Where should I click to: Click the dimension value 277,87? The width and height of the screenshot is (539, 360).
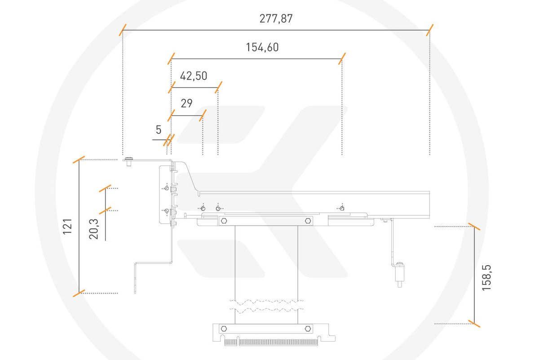point(276,19)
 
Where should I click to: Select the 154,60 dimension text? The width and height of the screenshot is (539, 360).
point(262,47)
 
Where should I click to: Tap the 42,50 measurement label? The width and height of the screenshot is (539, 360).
point(194,76)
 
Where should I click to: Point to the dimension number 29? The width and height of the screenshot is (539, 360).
point(186,104)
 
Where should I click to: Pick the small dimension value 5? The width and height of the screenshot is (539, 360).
point(159,130)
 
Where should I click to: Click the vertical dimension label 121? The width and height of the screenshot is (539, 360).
point(67,227)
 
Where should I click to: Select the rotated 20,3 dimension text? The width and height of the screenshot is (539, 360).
point(94,227)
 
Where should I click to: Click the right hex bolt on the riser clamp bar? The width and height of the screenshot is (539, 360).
point(308,221)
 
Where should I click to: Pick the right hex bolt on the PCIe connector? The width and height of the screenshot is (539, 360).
point(308,329)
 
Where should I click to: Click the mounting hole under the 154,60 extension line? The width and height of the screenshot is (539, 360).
point(342,208)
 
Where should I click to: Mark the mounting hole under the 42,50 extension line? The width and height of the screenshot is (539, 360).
point(218,208)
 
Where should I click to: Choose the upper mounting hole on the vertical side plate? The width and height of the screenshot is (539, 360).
point(167,189)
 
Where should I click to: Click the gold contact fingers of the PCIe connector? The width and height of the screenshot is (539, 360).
point(271,342)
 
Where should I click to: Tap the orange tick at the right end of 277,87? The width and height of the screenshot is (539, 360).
point(430,30)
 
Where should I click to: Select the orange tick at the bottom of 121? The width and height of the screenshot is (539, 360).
point(79,293)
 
